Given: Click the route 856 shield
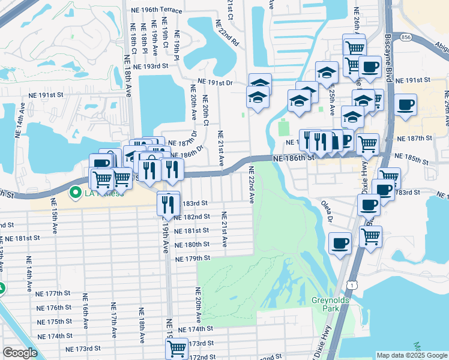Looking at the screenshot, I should [406, 37].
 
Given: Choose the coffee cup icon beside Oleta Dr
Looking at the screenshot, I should [340, 244].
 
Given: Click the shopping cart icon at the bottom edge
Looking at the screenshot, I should [176, 349].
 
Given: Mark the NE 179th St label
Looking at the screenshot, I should [192, 259].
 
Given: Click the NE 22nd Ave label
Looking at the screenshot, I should [251, 185].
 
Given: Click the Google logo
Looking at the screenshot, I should [20, 353].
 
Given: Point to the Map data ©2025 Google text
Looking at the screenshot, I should [411, 355].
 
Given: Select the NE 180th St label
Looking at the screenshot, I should [192, 245].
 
